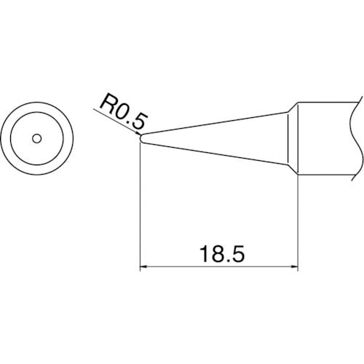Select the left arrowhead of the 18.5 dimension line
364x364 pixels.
[x=144, y=269]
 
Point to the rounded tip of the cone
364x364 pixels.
[x=141, y=137]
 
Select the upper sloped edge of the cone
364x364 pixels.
[x=218, y=122]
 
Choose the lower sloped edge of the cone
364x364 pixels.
[x=218, y=152]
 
